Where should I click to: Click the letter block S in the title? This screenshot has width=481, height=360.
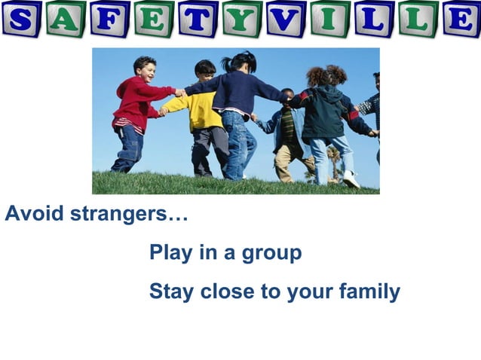pyautogui.click(x=21, y=18)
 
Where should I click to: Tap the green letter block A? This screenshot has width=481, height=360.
pyautogui.click(x=65, y=18)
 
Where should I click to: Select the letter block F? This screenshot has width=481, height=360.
pyautogui.click(x=110, y=18)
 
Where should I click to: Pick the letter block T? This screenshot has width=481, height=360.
pyautogui.click(x=198, y=18)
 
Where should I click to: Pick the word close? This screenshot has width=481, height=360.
pyautogui.click(x=227, y=291)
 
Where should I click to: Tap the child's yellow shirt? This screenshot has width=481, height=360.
pyautogui.click(x=204, y=110)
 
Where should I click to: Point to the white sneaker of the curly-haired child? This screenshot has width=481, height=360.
pyautogui.click(x=351, y=178)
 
